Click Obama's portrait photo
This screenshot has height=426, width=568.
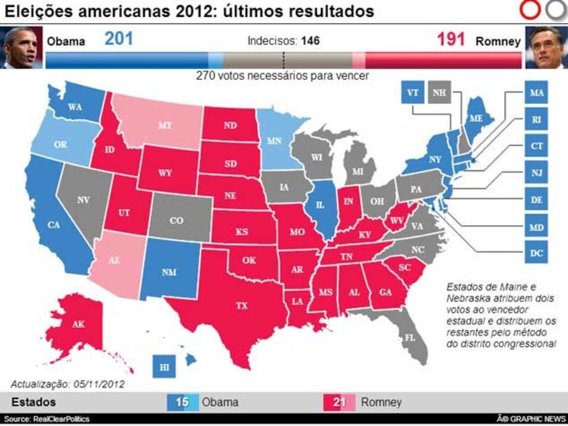[x=20, y=47]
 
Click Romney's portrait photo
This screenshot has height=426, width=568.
[x=546, y=47]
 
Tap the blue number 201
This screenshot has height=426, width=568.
[x=119, y=40]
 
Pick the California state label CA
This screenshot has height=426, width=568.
[x=54, y=225]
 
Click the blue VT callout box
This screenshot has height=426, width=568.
[x=413, y=93]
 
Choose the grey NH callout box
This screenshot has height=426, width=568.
[x=439, y=93]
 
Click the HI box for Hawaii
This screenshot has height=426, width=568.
[x=164, y=367]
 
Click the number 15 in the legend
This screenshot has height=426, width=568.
[x=182, y=402]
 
